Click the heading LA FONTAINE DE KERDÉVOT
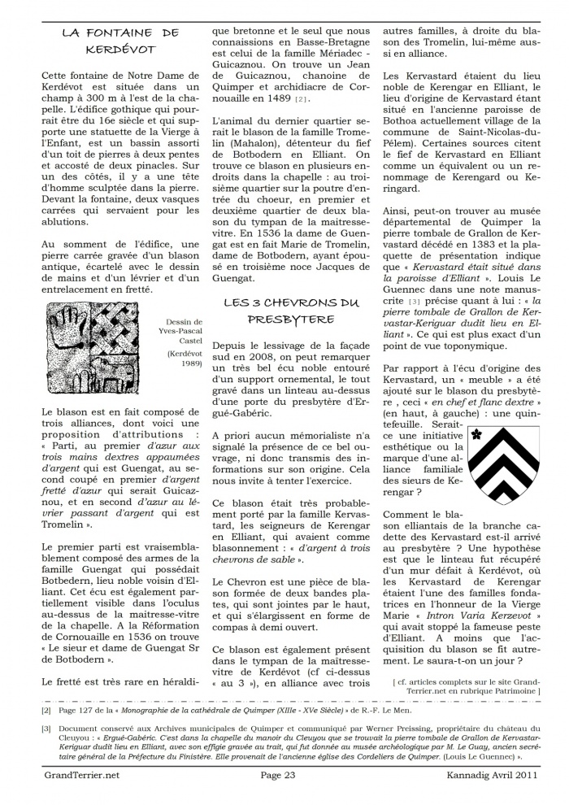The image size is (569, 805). tap(119, 41)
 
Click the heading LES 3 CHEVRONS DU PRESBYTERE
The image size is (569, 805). tap(290, 311)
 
